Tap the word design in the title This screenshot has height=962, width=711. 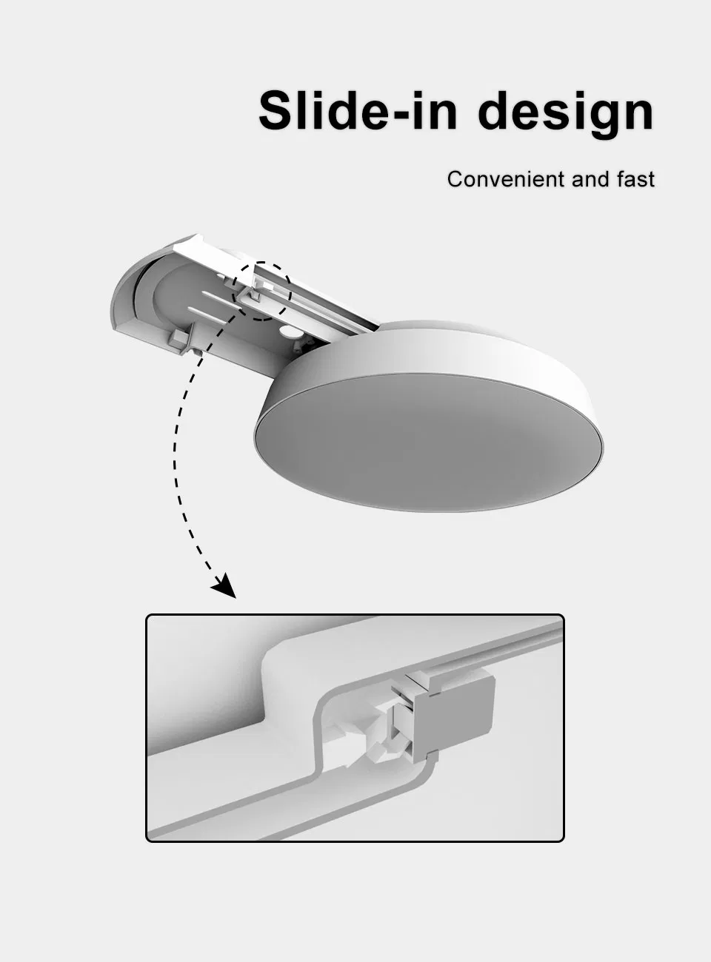[566, 112]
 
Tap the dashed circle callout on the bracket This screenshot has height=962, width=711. [262, 291]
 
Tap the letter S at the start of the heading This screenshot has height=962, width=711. [278, 111]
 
